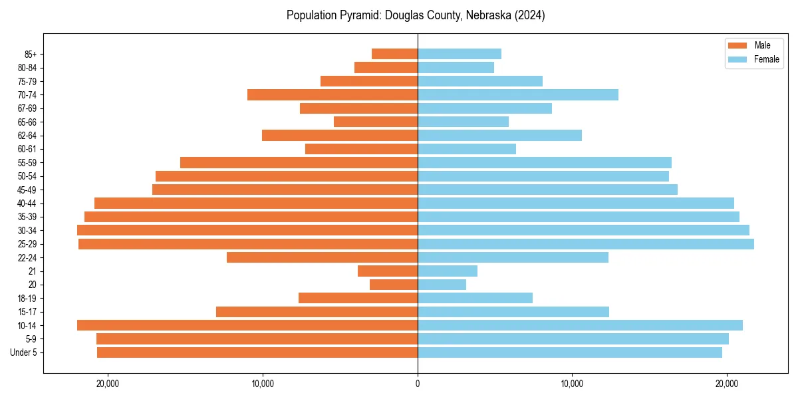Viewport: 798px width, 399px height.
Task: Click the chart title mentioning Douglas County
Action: tap(416, 15)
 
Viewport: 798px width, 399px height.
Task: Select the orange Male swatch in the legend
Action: tap(737, 45)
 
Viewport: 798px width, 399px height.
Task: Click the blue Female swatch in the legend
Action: tap(737, 59)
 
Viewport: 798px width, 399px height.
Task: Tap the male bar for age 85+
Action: tap(394, 54)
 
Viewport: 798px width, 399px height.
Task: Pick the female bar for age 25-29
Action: tap(585, 244)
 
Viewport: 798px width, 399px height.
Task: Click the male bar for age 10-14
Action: tap(247, 325)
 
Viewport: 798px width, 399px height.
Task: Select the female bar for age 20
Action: tap(442, 285)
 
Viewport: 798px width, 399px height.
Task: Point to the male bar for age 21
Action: tap(388, 271)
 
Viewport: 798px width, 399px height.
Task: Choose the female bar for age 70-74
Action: tap(517, 94)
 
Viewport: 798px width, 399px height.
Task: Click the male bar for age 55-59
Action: tap(299, 162)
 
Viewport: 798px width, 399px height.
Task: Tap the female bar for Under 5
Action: tap(569, 352)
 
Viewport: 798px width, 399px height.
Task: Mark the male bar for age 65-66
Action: tap(376, 122)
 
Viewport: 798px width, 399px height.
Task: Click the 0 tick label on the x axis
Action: tap(418, 384)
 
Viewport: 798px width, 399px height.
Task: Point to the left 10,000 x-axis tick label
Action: tap(263, 384)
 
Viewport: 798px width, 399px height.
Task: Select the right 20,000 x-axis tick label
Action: tap(727, 384)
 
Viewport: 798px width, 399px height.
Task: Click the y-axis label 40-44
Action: tap(26, 203)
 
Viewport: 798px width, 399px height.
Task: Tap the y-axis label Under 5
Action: tap(24, 352)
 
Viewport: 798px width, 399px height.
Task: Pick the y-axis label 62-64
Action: tap(26, 136)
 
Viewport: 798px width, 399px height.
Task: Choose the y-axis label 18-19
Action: tap(26, 299)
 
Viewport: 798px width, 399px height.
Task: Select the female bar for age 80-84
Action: tap(456, 67)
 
